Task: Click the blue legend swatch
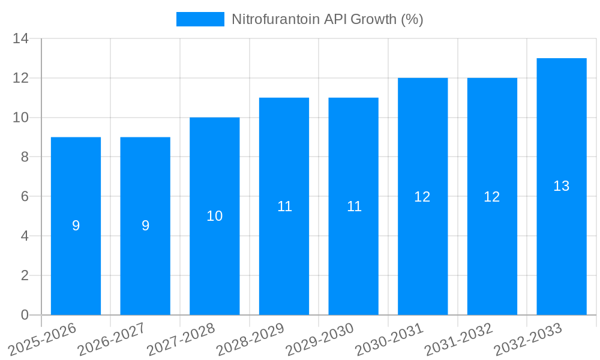coord(200,19)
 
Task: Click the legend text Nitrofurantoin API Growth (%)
coord(328,19)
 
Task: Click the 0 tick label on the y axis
coord(25,315)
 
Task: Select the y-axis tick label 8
coord(25,157)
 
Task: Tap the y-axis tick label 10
coord(20,118)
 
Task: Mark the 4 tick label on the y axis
coord(25,236)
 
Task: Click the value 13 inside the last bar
coord(562,187)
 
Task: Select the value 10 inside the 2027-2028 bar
coord(215,216)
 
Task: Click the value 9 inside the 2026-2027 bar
coord(145,226)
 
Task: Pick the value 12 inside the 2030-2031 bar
coord(422,197)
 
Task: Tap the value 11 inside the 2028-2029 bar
coord(284,206)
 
